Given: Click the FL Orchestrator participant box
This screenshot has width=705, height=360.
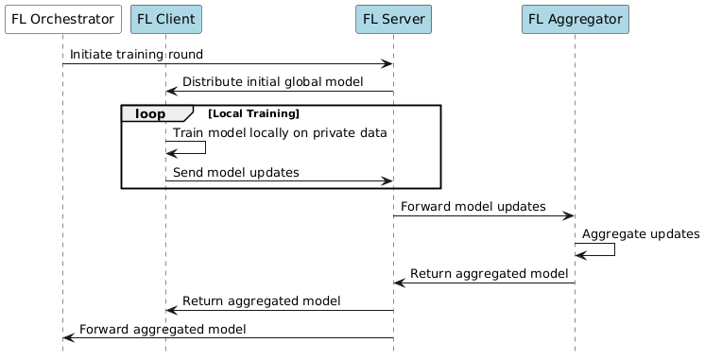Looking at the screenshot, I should click(x=62, y=19).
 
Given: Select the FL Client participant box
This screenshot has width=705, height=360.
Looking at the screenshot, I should click(x=165, y=19).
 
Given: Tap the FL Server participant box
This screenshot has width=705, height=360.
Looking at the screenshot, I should click(x=393, y=19).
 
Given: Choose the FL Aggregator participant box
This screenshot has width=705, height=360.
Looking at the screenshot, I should click(x=575, y=19).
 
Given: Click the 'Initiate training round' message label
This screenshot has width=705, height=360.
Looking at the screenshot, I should click(x=135, y=56).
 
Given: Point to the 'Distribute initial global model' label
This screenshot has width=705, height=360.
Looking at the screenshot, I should click(x=272, y=82).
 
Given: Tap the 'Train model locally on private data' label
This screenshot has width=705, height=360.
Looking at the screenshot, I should click(x=280, y=133).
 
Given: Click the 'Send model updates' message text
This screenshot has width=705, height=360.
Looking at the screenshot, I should click(x=235, y=172).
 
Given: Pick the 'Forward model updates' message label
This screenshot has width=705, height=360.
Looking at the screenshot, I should click(x=473, y=205).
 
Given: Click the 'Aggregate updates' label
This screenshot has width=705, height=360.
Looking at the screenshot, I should click(x=641, y=232).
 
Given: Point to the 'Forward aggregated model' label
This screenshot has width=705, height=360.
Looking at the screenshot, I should click(x=163, y=329).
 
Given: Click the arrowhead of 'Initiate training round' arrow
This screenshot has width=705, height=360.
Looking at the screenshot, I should click(x=387, y=64).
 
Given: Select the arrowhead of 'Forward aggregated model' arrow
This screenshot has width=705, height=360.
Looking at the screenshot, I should click(x=69, y=337).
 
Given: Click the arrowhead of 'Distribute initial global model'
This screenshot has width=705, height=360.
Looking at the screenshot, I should click(x=172, y=91).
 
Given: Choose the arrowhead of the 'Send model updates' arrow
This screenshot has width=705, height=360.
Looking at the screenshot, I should click(x=387, y=180).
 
